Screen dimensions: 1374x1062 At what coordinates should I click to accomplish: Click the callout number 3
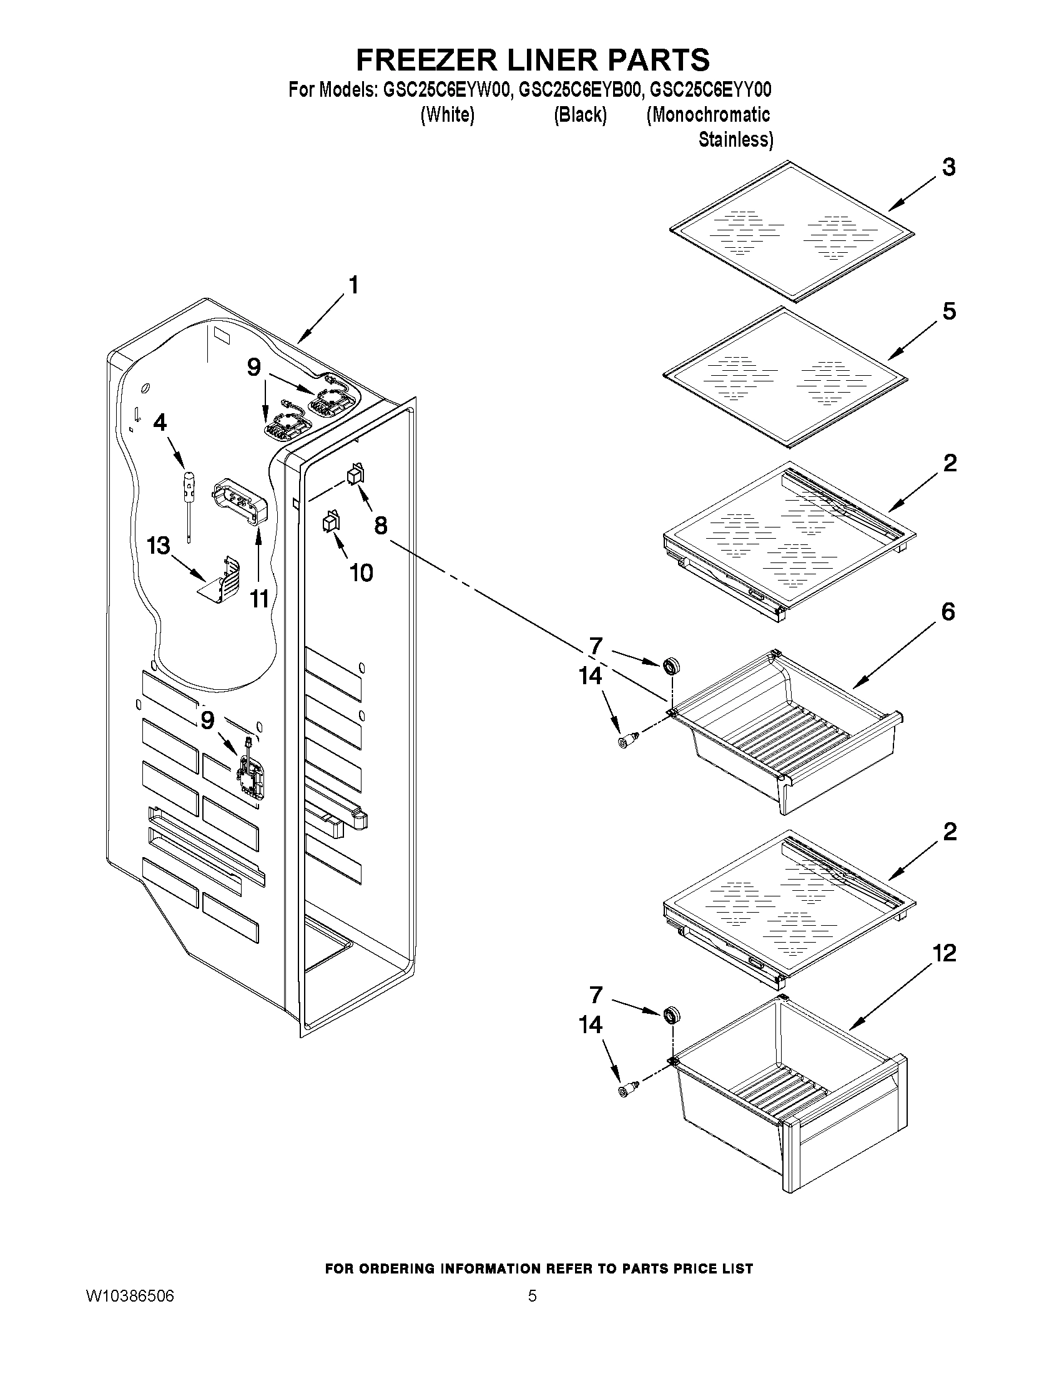point(948,167)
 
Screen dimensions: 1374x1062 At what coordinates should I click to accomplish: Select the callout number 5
point(949,312)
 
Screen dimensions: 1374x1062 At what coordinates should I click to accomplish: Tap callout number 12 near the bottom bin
point(944,953)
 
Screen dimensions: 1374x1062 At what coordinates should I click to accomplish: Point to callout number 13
point(159,546)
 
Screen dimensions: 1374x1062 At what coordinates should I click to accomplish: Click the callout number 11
point(260,599)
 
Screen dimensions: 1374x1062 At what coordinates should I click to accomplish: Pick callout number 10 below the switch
point(361,572)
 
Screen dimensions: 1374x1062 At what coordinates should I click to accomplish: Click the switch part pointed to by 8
point(355,474)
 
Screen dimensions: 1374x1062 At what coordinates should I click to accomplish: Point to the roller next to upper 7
point(672,665)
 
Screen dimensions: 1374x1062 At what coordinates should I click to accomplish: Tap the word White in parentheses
point(446,115)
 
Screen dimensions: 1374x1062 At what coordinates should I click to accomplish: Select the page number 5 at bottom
point(532,1296)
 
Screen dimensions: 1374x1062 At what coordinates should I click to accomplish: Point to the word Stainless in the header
point(735,139)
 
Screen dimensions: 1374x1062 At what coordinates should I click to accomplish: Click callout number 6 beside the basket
point(948,612)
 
